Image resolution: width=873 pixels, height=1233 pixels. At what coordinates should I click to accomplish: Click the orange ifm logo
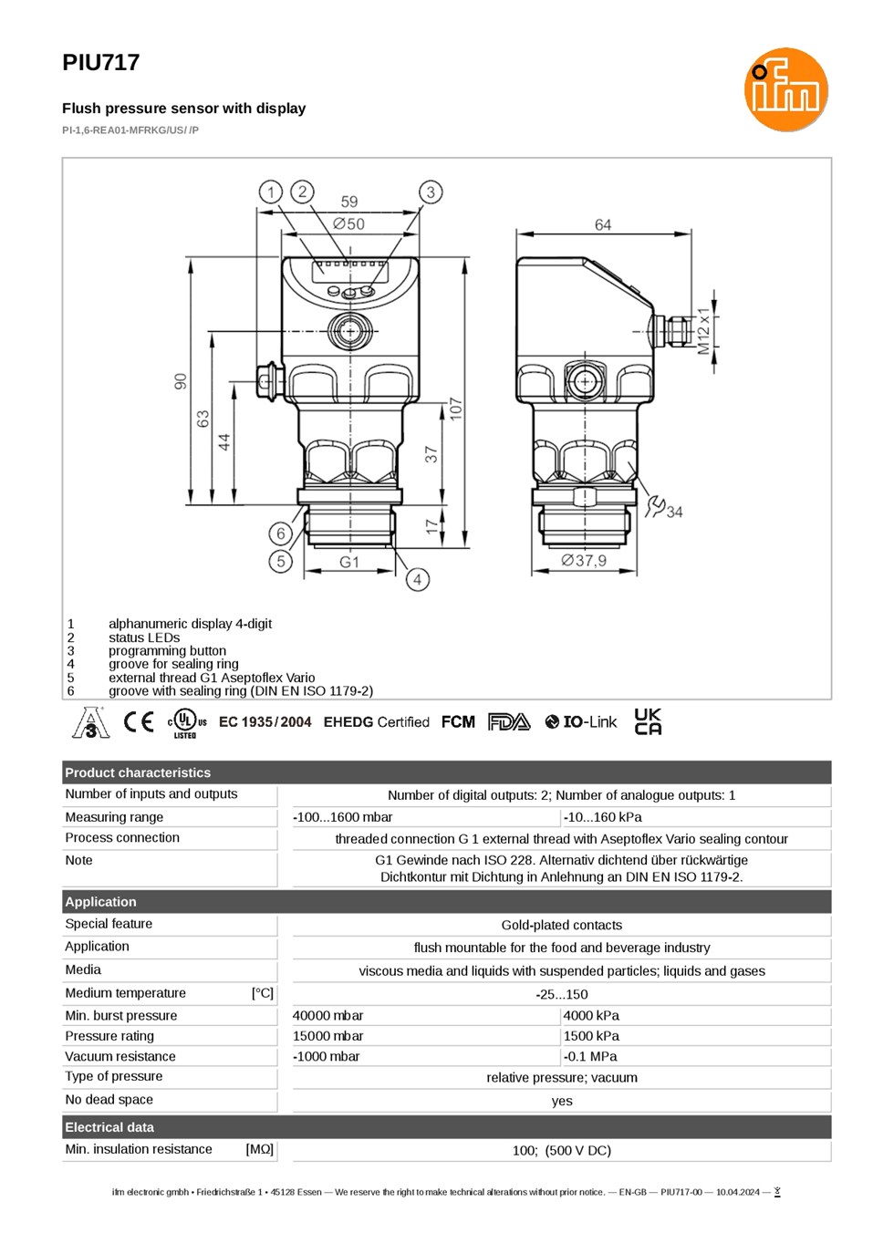pyautogui.click(x=785, y=89)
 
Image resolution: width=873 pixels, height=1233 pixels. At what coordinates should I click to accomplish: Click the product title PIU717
pyautogui.click(x=100, y=62)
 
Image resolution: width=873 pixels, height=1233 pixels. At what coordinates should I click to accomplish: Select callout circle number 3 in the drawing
pyautogui.click(x=431, y=192)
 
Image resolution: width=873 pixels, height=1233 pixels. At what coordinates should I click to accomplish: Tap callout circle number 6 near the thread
pyautogui.click(x=280, y=533)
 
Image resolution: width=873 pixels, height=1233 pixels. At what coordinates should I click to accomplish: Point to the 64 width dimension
pyautogui.click(x=603, y=224)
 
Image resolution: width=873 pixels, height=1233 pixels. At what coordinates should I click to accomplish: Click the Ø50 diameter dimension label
pyautogui.click(x=349, y=223)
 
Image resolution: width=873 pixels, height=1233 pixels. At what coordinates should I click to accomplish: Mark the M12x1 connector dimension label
pyautogui.click(x=703, y=331)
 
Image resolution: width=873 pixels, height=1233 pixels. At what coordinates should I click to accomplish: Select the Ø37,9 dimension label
pyautogui.click(x=584, y=560)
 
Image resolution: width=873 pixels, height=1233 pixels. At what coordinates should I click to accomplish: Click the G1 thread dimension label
pyautogui.click(x=349, y=562)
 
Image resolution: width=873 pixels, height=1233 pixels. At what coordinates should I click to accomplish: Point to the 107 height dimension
pyautogui.click(x=456, y=409)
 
